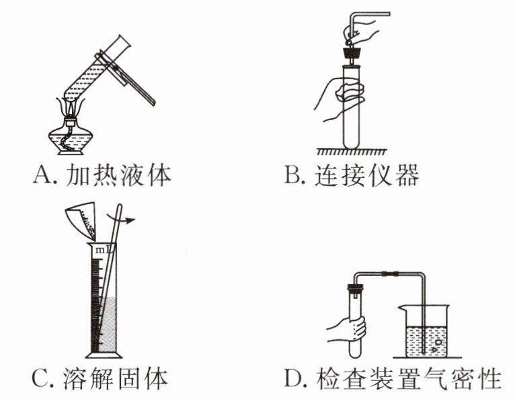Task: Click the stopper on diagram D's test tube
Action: tap(354, 291)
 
